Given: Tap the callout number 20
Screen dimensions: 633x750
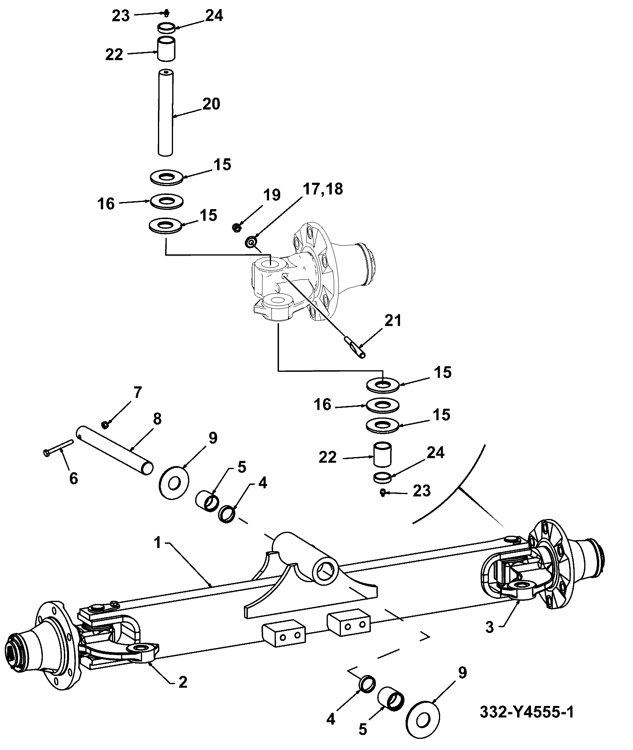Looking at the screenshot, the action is (x=211, y=104).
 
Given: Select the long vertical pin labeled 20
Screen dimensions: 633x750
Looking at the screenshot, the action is (x=165, y=112).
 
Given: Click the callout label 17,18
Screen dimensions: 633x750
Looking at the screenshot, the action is (x=323, y=190).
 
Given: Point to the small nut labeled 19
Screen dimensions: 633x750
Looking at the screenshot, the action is (x=237, y=227).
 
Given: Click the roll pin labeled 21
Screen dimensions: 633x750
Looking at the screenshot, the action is (x=355, y=347).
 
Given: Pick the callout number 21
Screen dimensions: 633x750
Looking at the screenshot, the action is (x=392, y=321).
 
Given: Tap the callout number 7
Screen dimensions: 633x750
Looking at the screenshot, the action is (x=137, y=392).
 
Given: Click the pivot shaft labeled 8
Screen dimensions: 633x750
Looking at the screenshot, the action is (x=114, y=449).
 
